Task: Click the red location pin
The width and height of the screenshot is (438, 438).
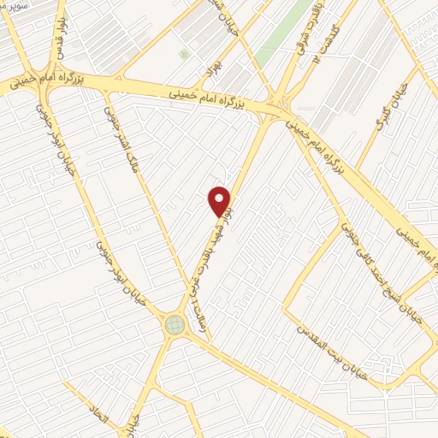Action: coord(221,200)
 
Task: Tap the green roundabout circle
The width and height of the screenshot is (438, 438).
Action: coord(175,324)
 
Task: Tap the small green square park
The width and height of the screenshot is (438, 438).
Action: coord(184,54)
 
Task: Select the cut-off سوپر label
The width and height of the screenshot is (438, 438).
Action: coord(14,6)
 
